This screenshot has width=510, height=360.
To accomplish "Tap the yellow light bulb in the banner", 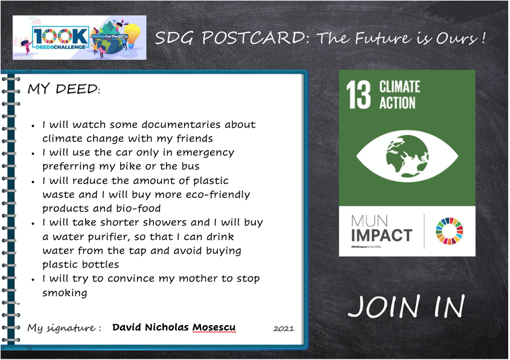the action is [x=133, y=35].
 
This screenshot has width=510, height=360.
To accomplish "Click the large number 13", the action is [x=358, y=95].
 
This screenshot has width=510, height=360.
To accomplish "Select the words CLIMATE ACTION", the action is [x=400, y=95].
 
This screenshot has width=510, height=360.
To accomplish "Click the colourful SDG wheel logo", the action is [x=449, y=231].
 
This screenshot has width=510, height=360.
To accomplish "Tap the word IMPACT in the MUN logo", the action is [x=381, y=236].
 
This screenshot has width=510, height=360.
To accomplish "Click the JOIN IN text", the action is [x=406, y=306].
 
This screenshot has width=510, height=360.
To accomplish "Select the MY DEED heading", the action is [x=64, y=89].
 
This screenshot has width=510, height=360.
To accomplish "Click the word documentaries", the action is [x=181, y=124].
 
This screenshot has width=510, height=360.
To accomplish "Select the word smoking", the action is [x=65, y=293].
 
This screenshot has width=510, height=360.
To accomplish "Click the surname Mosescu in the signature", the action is [x=214, y=327].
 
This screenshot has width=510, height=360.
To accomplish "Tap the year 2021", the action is [x=284, y=329].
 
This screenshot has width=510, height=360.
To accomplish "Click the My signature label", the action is [x=64, y=328].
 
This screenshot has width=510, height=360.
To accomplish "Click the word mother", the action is [x=199, y=279].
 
